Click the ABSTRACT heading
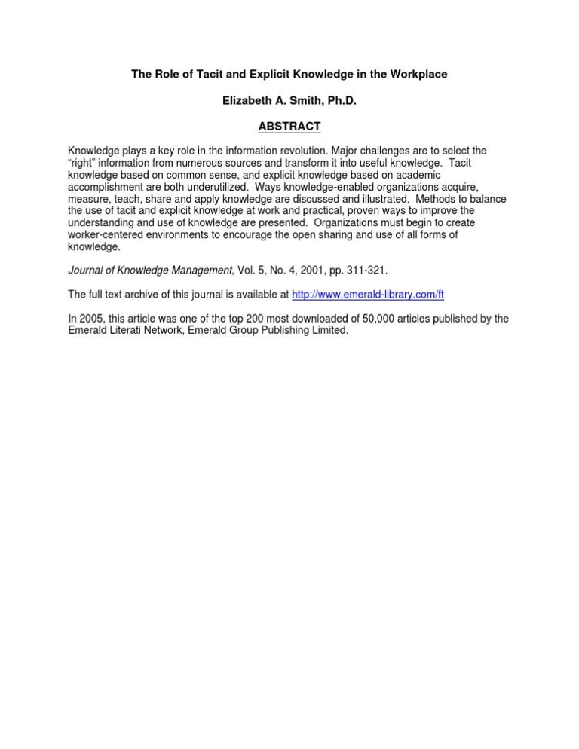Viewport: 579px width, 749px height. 289,126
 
